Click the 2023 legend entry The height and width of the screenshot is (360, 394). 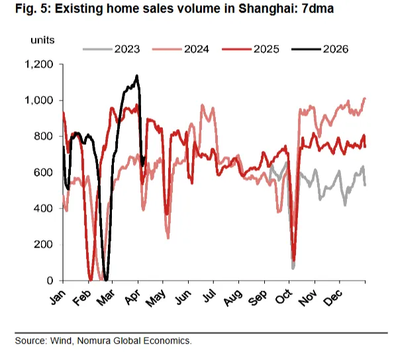click(126, 49)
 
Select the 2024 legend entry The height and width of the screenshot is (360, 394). click(197, 49)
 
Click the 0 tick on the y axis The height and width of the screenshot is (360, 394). click(52, 281)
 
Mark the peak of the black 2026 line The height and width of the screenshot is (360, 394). click(136, 76)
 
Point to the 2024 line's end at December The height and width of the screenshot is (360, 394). click(365, 99)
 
